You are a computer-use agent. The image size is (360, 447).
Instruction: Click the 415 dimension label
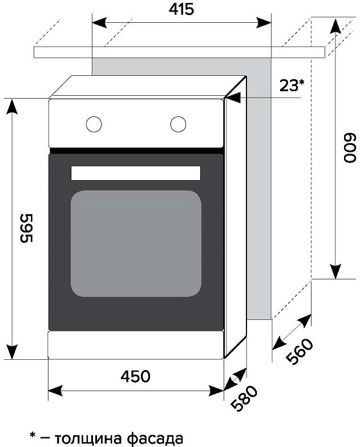click(181, 9)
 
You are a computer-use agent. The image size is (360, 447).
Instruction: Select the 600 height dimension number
click(349, 148)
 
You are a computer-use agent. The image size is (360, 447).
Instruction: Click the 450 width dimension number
click(135, 376)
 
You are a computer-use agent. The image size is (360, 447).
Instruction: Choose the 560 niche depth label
click(299, 351)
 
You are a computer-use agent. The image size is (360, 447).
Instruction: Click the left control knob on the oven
click(94, 124)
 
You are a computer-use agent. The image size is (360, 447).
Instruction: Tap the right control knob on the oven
click(178, 124)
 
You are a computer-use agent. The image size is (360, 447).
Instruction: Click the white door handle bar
click(136, 173)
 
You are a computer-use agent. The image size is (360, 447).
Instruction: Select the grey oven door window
click(136, 244)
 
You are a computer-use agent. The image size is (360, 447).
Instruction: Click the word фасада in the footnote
click(155, 438)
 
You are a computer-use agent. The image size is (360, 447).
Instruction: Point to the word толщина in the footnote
click(88, 438)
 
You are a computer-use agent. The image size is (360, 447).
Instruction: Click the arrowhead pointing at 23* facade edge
click(233, 98)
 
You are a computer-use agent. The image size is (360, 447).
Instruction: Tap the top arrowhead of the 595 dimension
click(11, 107)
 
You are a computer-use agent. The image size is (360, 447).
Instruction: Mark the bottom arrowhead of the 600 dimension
click(335, 271)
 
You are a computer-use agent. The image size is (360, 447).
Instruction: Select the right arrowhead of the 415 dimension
click(264, 23)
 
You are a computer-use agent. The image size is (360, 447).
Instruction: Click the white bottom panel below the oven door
click(136, 345)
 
